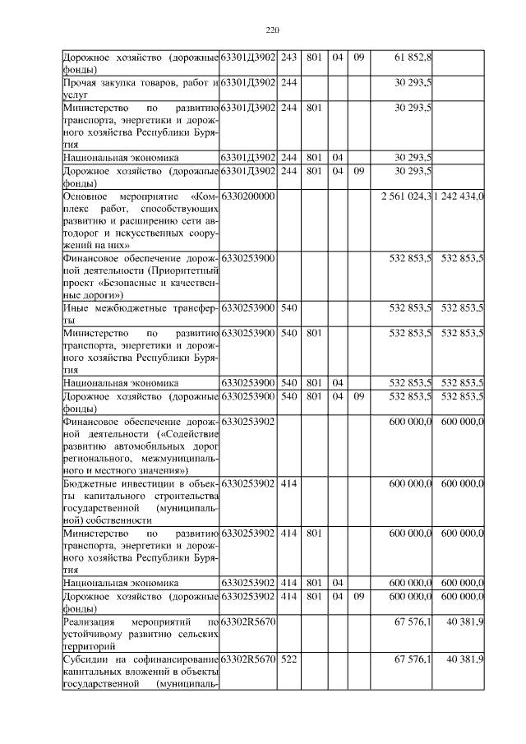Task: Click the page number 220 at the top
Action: [274, 31]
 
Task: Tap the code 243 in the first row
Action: [288, 57]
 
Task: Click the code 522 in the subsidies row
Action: [288, 659]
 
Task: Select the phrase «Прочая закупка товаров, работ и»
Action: [140, 82]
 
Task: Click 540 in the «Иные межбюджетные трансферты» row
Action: [288, 307]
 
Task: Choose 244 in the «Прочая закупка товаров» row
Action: [288, 82]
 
